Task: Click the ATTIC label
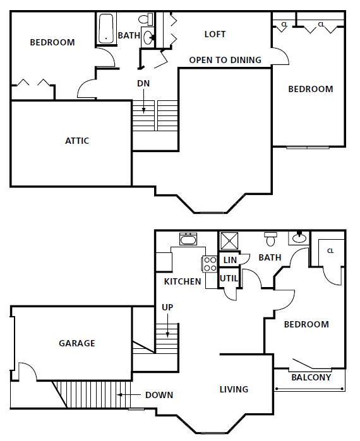(77, 141)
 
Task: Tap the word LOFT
(215, 34)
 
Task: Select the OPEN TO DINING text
(225, 60)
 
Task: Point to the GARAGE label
(77, 343)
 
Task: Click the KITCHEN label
(183, 281)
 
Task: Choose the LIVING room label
(234, 389)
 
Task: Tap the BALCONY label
(311, 378)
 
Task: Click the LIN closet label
(230, 260)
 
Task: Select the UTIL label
(228, 278)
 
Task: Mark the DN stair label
(143, 83)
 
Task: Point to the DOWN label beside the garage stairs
(159, 395)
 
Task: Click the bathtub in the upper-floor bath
(105, 28)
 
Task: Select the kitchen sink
(188, 239)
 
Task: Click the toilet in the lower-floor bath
(271, 239)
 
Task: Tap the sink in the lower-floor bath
(299, 238)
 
